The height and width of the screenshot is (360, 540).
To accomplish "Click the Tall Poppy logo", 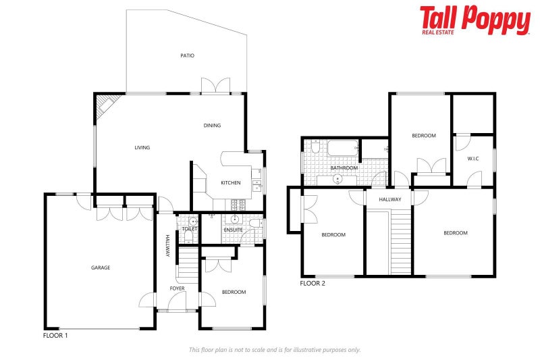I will (475, 20).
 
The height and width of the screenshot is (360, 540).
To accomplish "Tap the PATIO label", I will (187, 55).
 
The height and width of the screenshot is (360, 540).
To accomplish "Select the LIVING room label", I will (142, 147).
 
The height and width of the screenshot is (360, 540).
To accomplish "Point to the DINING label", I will (212, 125).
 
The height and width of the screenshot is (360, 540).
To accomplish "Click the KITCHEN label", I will (231, 183).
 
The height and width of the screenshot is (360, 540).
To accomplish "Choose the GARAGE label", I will (101, 267).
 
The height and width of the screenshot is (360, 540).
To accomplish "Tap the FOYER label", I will (177, 288).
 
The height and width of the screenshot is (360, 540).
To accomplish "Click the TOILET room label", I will (189, 230).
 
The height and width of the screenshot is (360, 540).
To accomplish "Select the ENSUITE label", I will (234, 230).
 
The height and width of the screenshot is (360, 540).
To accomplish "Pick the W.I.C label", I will (473, 159).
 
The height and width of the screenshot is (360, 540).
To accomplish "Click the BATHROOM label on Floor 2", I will (344, 168).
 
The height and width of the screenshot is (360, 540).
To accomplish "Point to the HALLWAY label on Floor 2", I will (389, 199).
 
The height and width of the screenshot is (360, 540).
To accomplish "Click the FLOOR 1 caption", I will (55, 335).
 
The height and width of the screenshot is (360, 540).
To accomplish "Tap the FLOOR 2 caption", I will (313, 283).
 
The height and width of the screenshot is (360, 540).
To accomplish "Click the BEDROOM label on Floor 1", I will (234, 292).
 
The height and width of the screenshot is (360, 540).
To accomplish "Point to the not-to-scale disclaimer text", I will (274, 350).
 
